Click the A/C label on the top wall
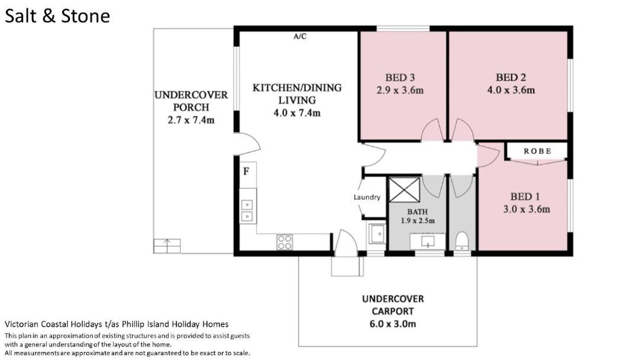point(300,36)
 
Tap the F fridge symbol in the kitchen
point(246,171)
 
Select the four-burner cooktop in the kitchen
point(285,242)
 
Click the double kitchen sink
point(247,210)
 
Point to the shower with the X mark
point(404,189)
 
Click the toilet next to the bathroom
point(461,240)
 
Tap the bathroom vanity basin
point(428,242)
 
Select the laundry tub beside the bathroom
point(377,234)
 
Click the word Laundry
point(367,197)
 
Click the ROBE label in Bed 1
point(537,151)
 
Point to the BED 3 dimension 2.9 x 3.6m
point(400,90)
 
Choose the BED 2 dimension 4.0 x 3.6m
point(511,90)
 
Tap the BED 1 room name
point(525,197)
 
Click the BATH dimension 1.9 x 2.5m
point(418,221)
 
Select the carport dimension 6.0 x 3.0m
point(393,324)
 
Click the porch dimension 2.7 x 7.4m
point(191,120)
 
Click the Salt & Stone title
point(57,17)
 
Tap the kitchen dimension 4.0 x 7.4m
point(297,113)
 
